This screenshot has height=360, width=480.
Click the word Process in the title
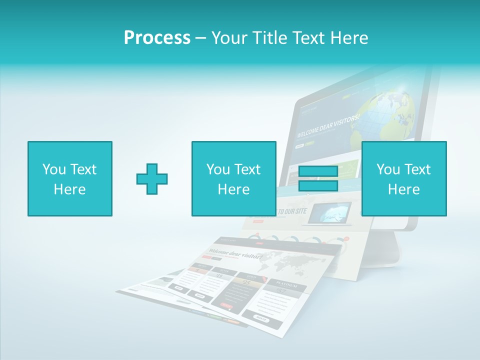[x=157, y=38]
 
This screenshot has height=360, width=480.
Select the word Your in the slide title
[x=228, y=38]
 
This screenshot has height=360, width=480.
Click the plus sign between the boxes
[x=152, y=179]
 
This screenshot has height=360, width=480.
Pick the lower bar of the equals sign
[x=318, y=185]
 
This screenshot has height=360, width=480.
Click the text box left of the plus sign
[x=70, y=178]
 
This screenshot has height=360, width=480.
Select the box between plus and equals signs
[x=234, y=178]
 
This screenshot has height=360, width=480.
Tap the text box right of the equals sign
[x=404, y=178]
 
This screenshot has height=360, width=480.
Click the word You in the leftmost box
[x=53, y=169]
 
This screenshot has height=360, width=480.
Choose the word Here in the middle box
[x=234, y=189]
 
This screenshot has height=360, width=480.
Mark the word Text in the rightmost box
[x=417, y=169]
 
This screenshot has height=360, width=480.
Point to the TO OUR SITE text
[x=292, y=211]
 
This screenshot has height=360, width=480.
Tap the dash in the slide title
[x=201, y=38]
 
